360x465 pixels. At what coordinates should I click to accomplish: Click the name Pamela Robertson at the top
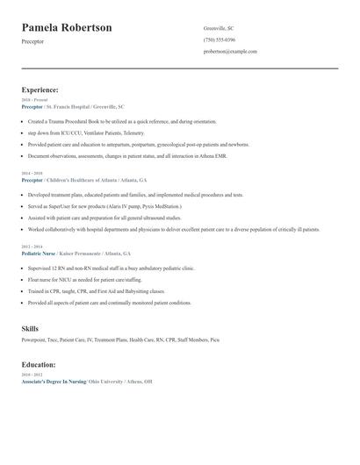coord(67,28)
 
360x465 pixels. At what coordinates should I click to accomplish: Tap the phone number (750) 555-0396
coord(220,39)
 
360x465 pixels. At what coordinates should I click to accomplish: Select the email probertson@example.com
coord(230,52)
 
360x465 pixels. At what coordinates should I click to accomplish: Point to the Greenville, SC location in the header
coord(220,28)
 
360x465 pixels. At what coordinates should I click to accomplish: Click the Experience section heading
coord(40,89)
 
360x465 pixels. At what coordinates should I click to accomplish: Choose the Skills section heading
coord(30,328)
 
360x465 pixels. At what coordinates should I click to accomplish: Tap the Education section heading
coord(39,364)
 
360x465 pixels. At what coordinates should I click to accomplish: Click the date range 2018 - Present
coord(36,100)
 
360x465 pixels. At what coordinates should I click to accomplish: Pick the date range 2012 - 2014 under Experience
coord(32,247)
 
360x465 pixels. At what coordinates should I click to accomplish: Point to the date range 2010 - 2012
coord(32,375)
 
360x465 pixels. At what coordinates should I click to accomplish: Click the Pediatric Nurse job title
coord(38,253)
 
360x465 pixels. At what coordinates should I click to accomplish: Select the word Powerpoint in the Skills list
coord(33,339)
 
